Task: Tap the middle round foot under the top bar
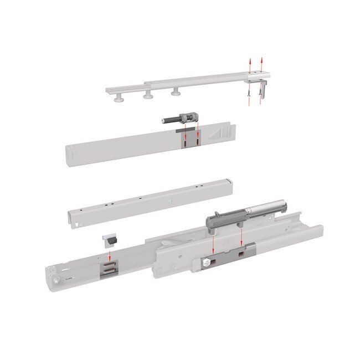click(148, 96)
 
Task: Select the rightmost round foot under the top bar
click(176, 92)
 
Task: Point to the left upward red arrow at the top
click(250, 64)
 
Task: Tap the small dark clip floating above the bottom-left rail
click(110, 241)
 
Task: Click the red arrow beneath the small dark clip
click(110, 255)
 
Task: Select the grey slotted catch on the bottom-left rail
click(109, 269)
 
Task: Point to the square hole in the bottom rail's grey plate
click(241, 254)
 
